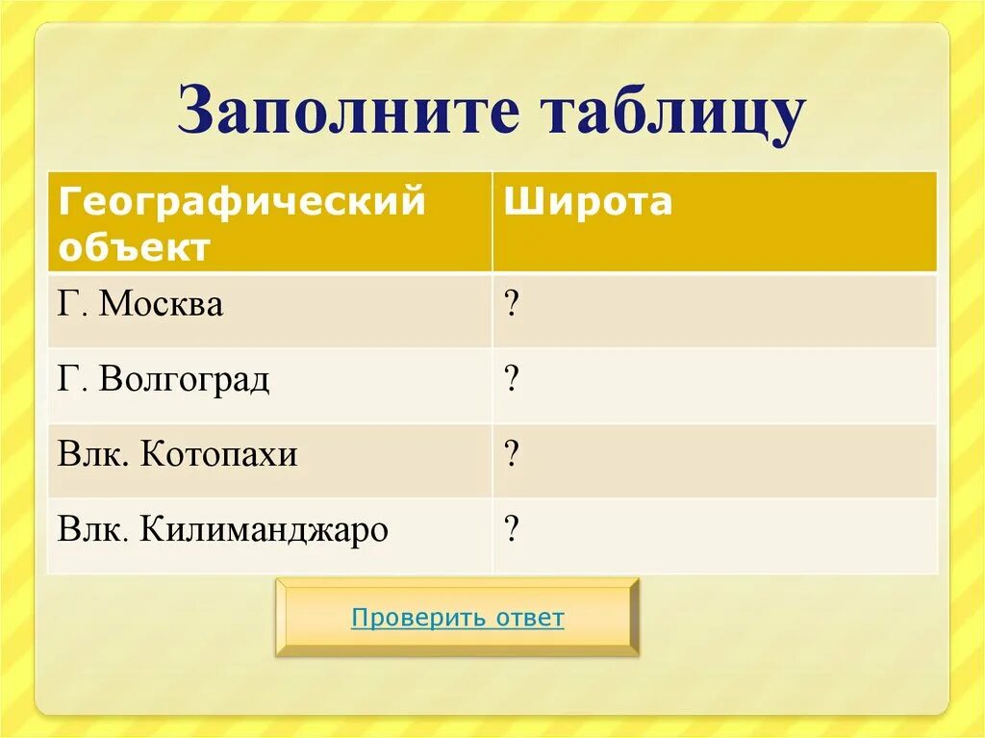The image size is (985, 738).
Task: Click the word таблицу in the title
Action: (x=674, y=113)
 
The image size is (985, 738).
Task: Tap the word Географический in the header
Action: (x=241, y=202)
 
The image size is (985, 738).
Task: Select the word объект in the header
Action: (x=134, y=247)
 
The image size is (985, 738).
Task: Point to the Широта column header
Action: (x=589, y=202)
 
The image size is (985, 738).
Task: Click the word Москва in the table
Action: (x=162, y=306)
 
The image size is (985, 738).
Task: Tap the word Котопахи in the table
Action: (x=219, y=454)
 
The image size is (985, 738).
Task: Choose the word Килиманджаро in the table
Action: (x=265, y=528)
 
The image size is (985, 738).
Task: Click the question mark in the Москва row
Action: (x=512, y=306)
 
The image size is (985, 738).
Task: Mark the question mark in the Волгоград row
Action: (x=512, y=381)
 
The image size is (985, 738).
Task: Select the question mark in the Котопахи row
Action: (x=512, y=454)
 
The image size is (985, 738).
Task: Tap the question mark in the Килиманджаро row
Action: (x=512, y=528)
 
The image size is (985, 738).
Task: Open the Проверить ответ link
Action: (x=457, y=618)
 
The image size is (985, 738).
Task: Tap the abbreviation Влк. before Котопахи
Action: (x=93, y=454)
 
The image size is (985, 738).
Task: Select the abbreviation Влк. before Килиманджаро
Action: (x=93, y=528)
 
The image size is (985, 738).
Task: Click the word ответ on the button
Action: (x=530, y=618)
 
